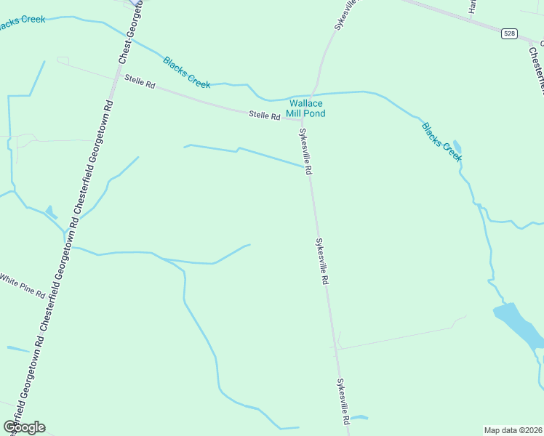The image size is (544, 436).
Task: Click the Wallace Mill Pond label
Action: click(x=307, y=108)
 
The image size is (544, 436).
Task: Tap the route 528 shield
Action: click(x=509, y=33)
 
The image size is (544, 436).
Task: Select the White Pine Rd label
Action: click(x=22, y=286)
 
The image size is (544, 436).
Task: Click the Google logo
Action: click(x=24, y=427)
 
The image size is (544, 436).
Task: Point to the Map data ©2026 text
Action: click(x=513, y=430)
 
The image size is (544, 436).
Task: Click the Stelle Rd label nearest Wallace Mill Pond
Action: click(x=265, y=115)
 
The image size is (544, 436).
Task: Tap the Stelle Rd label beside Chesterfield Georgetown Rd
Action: click(x=140, y=84)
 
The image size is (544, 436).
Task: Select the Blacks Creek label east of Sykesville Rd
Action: click(x=441, y=141)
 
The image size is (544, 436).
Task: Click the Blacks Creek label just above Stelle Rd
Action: click(x=187, y=73)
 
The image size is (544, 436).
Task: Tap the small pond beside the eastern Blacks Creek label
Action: click(x=457, y=145)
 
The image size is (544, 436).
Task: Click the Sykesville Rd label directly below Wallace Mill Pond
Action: click(x=305, y=151)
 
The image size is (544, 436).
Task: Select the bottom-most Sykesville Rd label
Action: click(x=343, y=401)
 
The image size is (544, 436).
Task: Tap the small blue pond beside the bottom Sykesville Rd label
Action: click(x=360, y=418)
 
